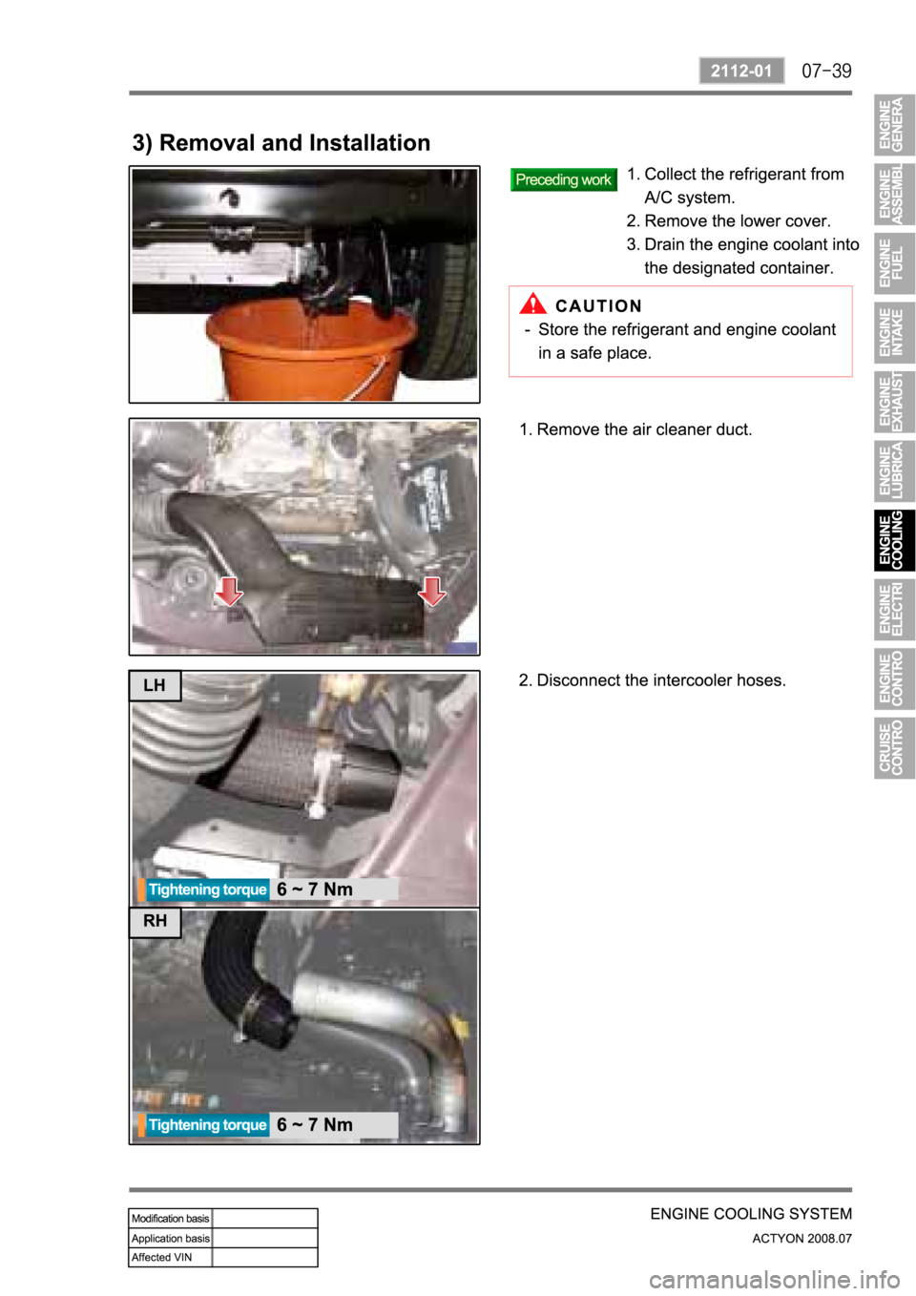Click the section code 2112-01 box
tap(741, 71)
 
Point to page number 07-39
tap(826, 72)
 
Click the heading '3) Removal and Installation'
tap(281, 143)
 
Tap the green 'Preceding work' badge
tap(563, 179)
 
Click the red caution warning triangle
tap(532, 303)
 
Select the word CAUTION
tap(598, 306)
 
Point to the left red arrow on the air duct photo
tap(229, 591)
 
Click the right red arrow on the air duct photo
tap(432, 591)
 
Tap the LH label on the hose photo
tap(155, 685)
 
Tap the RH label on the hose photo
tap(155, 921)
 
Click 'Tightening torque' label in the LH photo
tap(207, 889)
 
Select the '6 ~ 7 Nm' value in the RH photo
tap(315, 1124)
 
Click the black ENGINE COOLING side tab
tap(894, 540)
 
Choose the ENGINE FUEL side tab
tap(894, 263)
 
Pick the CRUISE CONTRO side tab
tap(894, 747)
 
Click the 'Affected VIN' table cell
tap(170, 1257)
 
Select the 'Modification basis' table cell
tap(170, 1219)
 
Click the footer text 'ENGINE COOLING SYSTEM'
tap(751, 1214)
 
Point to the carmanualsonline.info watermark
tap(775, 1281)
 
